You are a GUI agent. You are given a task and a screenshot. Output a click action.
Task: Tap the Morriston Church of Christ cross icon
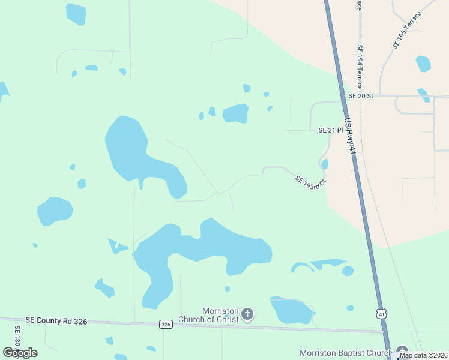click(247, 314)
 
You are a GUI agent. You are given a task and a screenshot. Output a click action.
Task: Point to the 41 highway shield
click(381, 314)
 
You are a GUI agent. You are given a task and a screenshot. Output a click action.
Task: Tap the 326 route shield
click(166, 324)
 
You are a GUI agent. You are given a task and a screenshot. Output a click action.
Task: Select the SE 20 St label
click(361, 96)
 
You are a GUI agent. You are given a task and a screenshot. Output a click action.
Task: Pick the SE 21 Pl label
click(330, 130)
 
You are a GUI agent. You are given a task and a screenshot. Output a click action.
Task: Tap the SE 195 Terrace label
click(407, 29)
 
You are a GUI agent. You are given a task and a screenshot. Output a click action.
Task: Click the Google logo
click(20, 352)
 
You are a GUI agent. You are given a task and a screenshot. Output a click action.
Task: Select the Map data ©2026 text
click(423, 355)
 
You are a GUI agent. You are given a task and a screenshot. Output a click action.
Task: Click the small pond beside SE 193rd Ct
click(325, 164)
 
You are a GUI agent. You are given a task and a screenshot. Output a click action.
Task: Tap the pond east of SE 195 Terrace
click(423, 63)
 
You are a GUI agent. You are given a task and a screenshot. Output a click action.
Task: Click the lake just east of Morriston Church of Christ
click(292, 310)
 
